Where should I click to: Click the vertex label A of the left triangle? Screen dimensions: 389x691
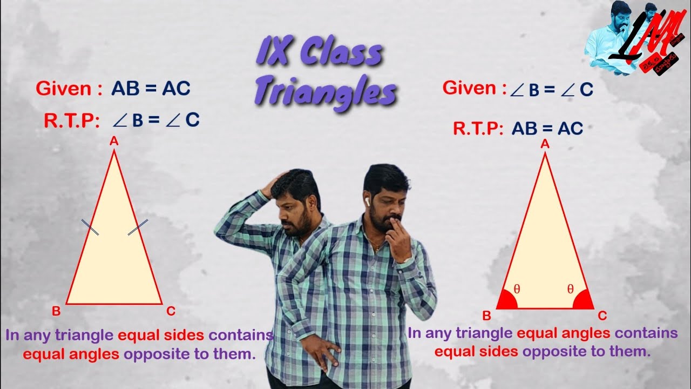pos(114,142)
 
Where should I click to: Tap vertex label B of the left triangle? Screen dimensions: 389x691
pos(56,311)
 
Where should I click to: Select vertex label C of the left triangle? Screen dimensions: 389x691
pos(171,311)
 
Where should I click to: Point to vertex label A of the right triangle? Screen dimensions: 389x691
pos(545,144)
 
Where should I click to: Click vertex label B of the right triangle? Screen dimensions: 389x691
pos(486,316)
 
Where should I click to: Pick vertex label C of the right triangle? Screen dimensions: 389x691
pos(602,316)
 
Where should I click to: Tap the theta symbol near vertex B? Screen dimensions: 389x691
pos(517,289)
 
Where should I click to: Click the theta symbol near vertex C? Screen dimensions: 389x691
pos(570,289)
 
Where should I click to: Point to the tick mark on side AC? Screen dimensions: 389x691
pos(138,227)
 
